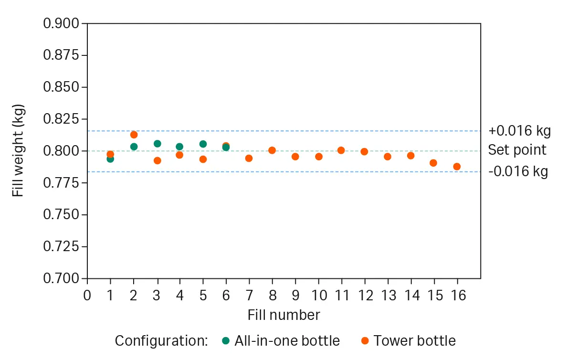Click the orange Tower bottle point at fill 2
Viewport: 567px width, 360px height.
(134, 135)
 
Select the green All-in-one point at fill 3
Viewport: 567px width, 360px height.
(157, 144)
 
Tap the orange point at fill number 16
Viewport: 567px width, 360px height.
(457, 167)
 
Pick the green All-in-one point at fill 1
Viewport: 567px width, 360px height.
(110, 159)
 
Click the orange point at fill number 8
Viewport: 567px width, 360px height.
(272, 150)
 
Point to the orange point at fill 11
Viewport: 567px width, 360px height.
(341, 150)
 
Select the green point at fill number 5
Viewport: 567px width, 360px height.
(203, 144)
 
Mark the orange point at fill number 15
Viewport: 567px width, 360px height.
(433, 163)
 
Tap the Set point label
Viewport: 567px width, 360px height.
(517, 150)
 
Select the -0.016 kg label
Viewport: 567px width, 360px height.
(518, 171)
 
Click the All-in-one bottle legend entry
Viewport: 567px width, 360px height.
(281, 341)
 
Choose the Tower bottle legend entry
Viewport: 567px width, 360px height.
(409, 341)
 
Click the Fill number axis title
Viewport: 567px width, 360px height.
(283, 315)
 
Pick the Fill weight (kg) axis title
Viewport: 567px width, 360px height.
(18, 150)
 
